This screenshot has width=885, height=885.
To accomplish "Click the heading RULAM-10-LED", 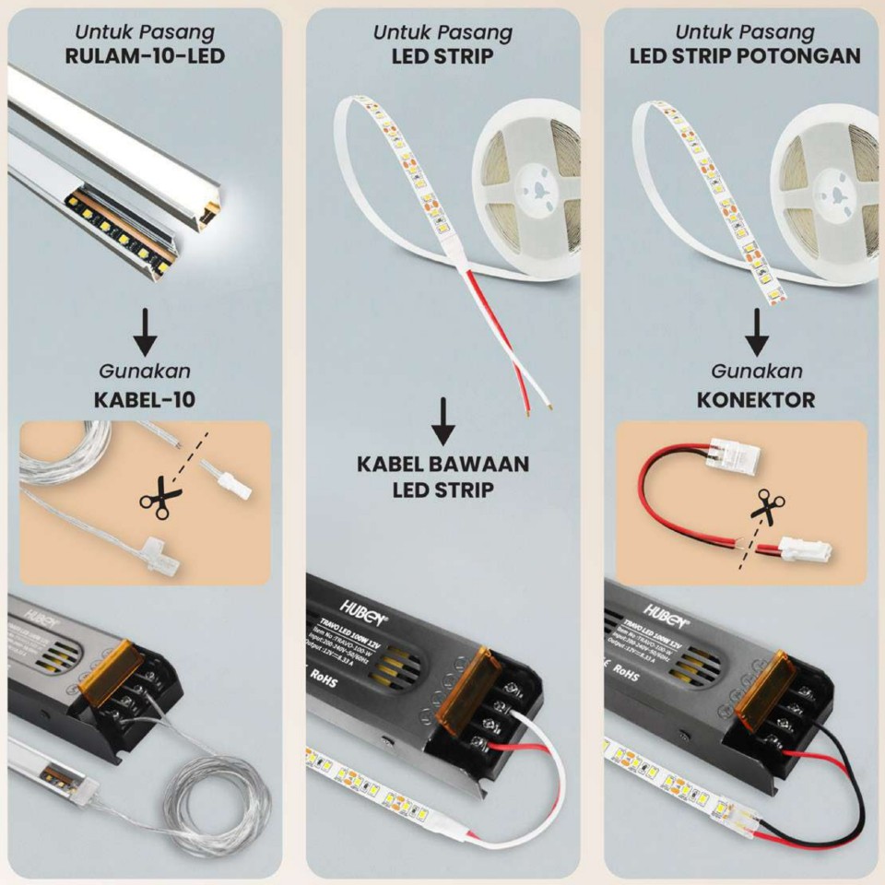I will click(x=145, y=55).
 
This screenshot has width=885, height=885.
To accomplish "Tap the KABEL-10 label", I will click(x=145, y=400).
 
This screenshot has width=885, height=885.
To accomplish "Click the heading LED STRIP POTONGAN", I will click(x=745, y=55).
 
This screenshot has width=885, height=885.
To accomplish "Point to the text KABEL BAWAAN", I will click(x=443, y=463).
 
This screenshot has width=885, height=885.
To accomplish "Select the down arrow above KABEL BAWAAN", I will click(x=443, y=420).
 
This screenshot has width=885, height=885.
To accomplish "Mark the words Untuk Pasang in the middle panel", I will click(x=442, y=32).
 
